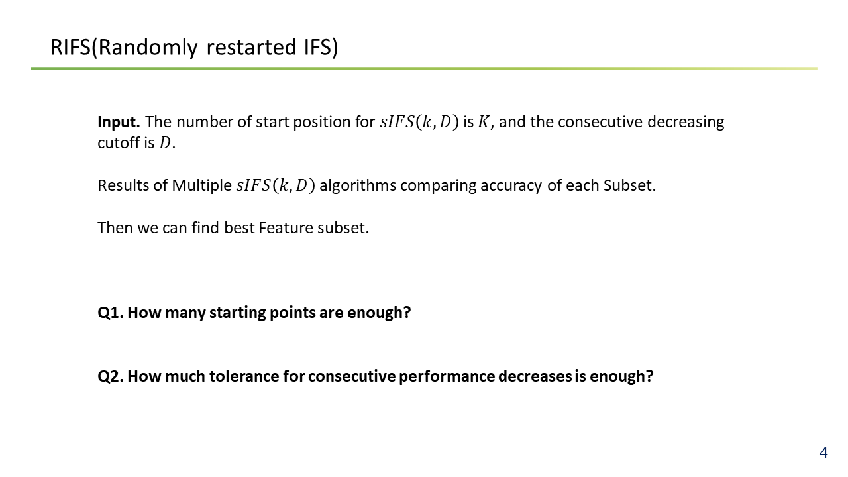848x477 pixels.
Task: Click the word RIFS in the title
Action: coord(71,47)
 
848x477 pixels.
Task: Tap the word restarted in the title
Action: coord(252,47)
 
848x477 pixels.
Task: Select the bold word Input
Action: coord(119,123)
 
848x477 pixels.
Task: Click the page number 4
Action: coord(823,452)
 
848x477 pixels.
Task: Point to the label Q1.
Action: coord(111,313)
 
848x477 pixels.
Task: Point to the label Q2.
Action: coord(111,376)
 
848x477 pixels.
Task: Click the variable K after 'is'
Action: coord(484,122)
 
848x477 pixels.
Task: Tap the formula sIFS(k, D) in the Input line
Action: coord(419,122)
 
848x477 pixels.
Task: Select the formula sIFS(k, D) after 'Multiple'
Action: coord(276,185)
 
